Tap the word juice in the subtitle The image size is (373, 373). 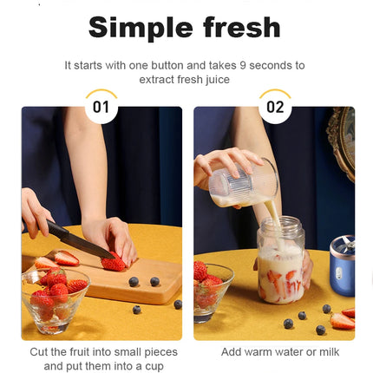coord(218,79)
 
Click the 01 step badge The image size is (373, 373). coord(101,108)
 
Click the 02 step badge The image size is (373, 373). coord(274,108)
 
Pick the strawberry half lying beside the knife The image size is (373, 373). coord(64,258)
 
